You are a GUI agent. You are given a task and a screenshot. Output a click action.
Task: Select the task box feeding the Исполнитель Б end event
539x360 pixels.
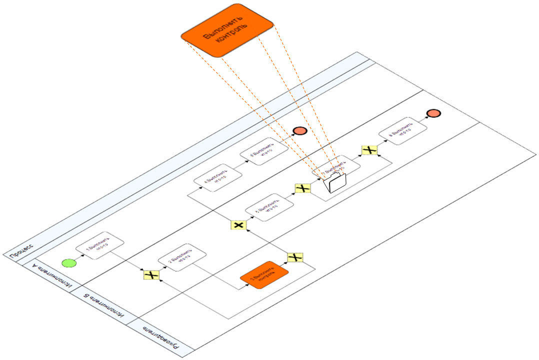403,132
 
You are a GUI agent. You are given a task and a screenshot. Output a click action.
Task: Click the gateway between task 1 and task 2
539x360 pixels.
151,275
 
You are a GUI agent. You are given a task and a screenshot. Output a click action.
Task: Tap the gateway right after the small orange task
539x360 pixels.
296,257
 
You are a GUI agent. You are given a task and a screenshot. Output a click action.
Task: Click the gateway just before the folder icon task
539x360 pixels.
303,188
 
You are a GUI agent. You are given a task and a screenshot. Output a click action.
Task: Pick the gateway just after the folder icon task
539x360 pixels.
369,149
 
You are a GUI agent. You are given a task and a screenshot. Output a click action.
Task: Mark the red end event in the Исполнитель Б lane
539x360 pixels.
433,113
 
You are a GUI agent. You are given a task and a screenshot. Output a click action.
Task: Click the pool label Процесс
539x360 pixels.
21,250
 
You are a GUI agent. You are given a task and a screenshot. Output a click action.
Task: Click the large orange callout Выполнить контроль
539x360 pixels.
227,31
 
